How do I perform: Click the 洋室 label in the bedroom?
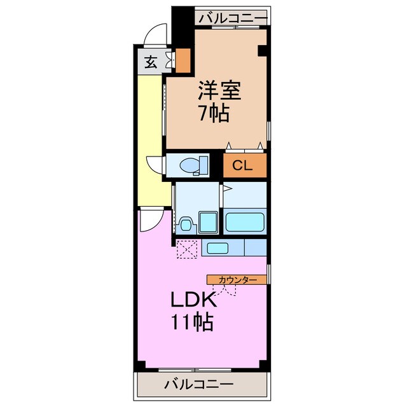(219, 91)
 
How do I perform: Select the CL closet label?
(242, 167)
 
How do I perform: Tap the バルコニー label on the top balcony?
(231, 18)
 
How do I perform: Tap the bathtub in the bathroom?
(244, 223)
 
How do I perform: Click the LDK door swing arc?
(149, 220)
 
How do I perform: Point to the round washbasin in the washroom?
(186, 224)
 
